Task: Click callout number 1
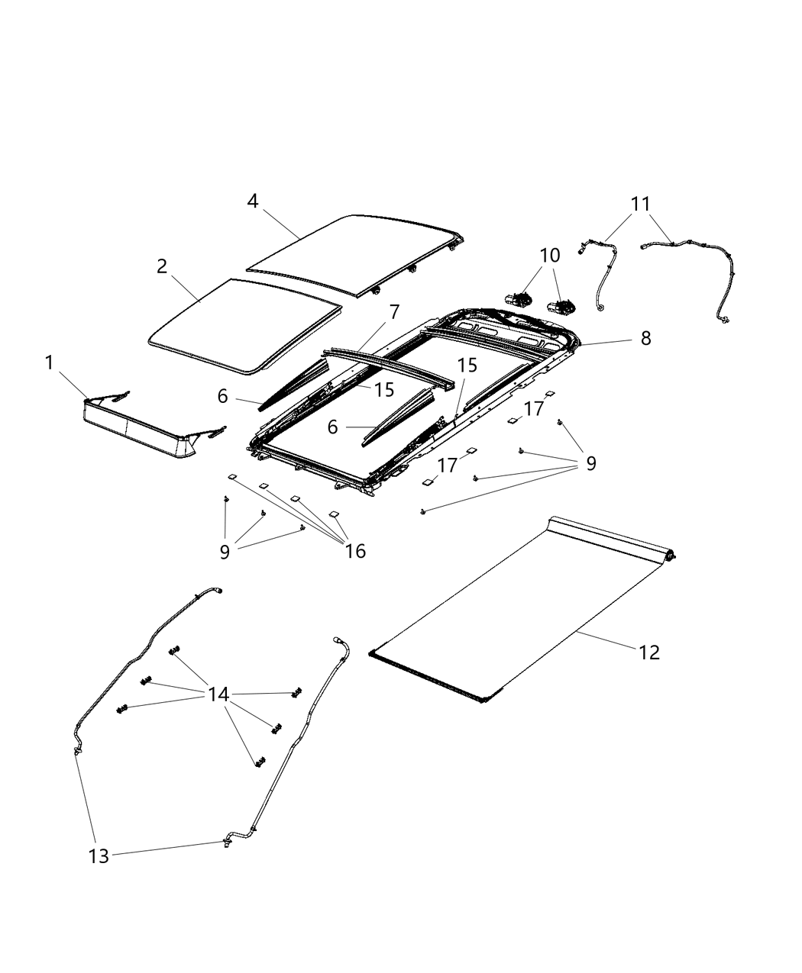click(x=50, y=363)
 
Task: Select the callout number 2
click(x=162, y=266)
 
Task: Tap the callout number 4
click(x=253, y=201)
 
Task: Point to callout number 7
click(x=394, y=311)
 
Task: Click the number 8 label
click(x=645, y=338)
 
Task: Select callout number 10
click(x=550, y=256)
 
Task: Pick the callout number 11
click(x=640, y=204)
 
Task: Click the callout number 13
click(x=99, y=856)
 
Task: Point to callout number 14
click(x=218, y=694)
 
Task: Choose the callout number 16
click(x=355, y=550)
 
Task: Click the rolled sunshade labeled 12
click(x=519, y=611)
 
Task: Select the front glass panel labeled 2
click(x=244, y=324)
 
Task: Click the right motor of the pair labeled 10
click(x=561, y=307)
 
